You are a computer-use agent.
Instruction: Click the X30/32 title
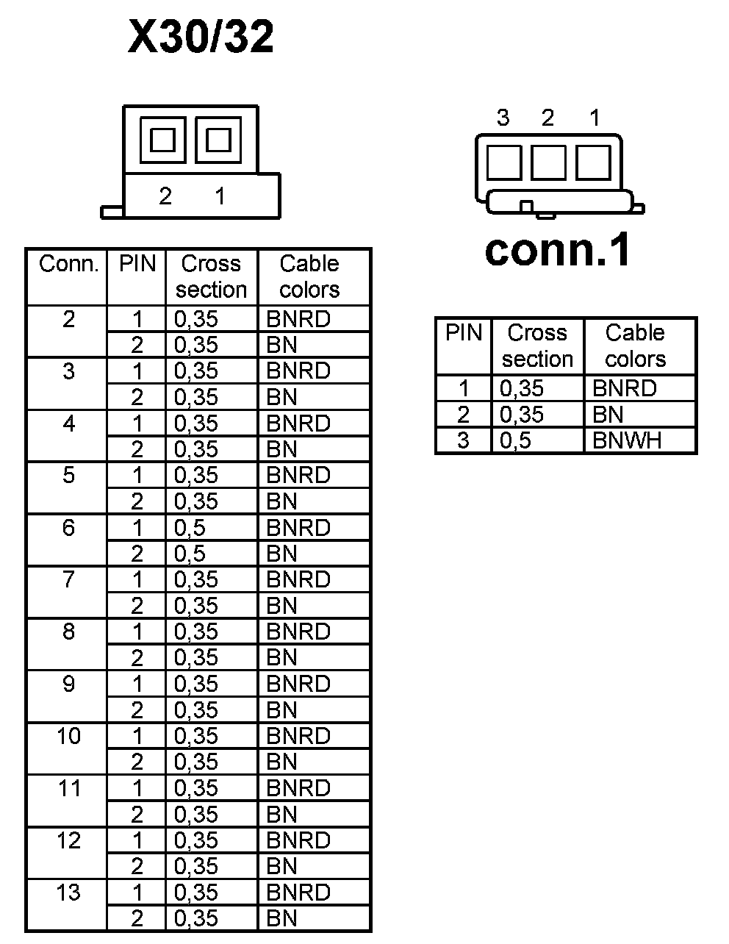click(x=201, y=37)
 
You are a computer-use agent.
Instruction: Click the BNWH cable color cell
click(x=627, y=440)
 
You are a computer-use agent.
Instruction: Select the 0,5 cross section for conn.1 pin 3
click(x=516, y=440)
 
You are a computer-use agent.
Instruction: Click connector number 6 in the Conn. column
click(x=68, y=527)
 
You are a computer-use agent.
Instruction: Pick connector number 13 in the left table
click(x=68, y=893)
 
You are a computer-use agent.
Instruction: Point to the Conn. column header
click(x=68, y=264)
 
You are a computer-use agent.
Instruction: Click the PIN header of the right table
click(x=463, y=333)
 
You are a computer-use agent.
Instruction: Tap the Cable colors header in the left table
click(x=309, y=276)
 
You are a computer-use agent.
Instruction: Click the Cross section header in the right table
click(x=537, y=346)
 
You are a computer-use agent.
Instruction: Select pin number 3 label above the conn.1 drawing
click(x=503, y=118)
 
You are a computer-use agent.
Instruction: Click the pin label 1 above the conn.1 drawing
click(x=595, y=118)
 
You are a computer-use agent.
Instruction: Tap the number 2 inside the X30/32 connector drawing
click(x=165, y=196)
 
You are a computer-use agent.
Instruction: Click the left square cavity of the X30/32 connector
click(x=162, y=140)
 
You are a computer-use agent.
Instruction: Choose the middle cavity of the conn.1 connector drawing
click(x=548, y=162)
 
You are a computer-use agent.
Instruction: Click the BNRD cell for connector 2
click(x=298, y=319)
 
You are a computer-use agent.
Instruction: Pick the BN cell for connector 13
click(x=282, y=918)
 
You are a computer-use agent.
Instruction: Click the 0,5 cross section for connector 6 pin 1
click(x=190, y=528)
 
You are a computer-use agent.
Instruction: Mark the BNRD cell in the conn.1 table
click(x=624, y=388)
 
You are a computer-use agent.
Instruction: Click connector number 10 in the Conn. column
click(x=68, y=736)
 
